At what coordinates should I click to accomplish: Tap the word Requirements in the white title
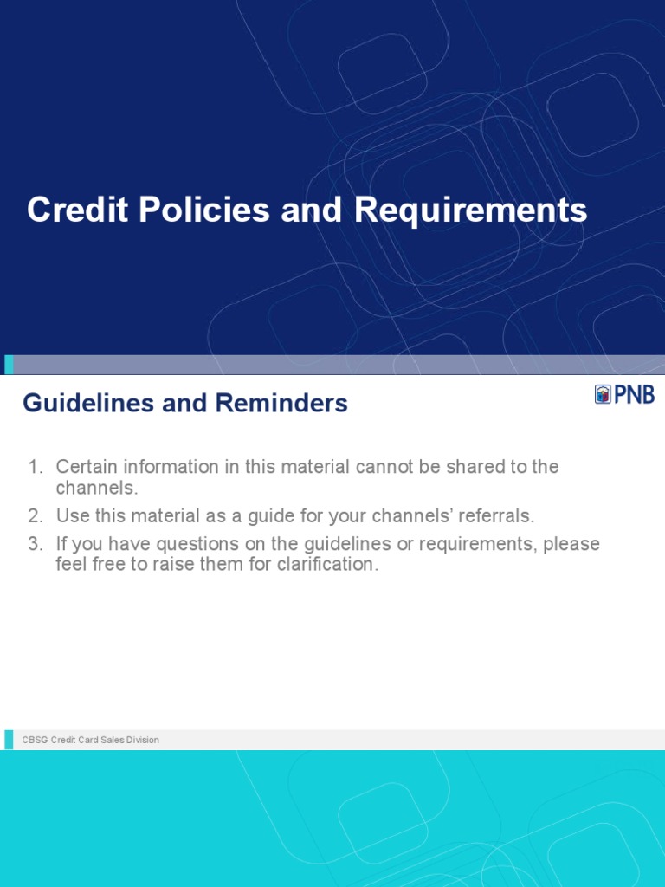coord(472,210)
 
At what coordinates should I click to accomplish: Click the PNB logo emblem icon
coord(603,395)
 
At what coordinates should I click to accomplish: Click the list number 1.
coord(35,467)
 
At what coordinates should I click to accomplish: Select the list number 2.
coord(35,516)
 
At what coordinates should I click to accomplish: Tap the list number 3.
coord(35,545)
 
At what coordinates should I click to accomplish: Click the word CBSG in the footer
coord(35,740)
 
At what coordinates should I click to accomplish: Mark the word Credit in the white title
coord(70,210)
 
